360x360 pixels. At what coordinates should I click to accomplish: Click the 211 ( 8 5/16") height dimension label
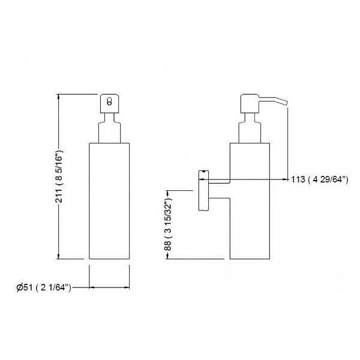coord(59,176)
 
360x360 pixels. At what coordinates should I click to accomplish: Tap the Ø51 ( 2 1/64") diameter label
coord(44,287)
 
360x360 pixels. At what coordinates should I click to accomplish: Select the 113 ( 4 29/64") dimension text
coord(320,179)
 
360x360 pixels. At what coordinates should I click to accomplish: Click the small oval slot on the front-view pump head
coord(110,101)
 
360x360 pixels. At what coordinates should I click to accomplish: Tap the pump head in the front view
coord(110,103)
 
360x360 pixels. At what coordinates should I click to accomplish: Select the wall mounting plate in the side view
coord(203,190)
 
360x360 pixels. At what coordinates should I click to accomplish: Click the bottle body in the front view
coord(109,201)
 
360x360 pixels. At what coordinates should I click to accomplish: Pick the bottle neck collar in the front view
coord(109,133)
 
